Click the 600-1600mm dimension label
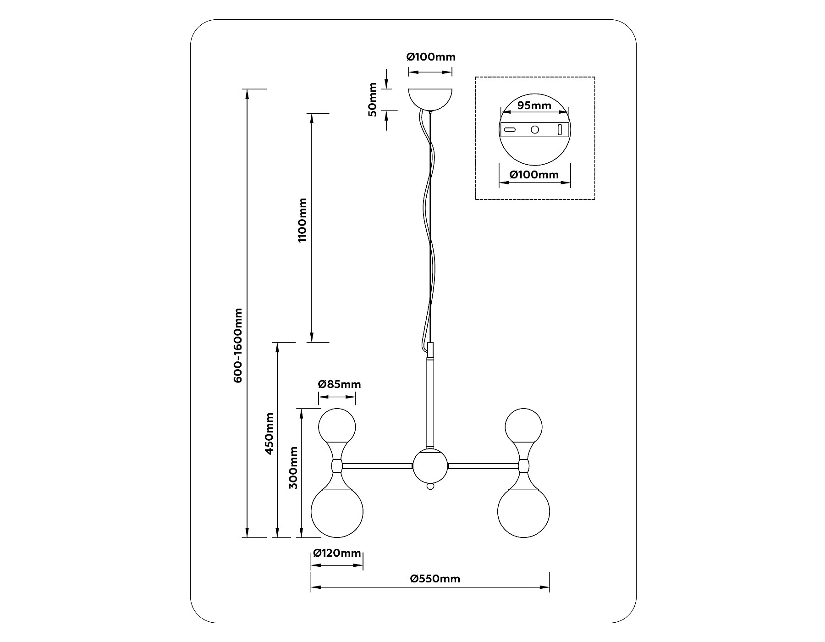pyautogui.click(x=238, y=345)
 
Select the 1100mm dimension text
pyautogui.click(x=302, y=220)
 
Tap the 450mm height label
pyautogui.click(x=270, y=433)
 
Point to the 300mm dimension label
pyautogui.click(x=294, y=468)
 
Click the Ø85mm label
pyautogui.click(x=340, y=384)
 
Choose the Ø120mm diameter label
pyautogui.click(x=337, y=553)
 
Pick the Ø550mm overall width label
pyautogui.click(x=435, y=579)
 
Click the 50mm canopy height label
pyautogui.click(x=373, y=100)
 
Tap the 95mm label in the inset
pyautogui.click(x=534, y=105)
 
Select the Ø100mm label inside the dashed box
pyautogui.click(x=534, y=175)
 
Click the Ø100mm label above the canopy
pyautogui.click(x=431, y=57)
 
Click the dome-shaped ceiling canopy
pyautogui.click(x=430, y=98)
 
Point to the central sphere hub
pyautogui.click(x=429, y=466)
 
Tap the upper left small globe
pyautogui.click(x=337, y=425)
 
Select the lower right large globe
pyautogui.click(x=523, y=512)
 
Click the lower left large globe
pyautogui.click(x=337, y=512)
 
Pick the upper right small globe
pyautogui.click(x=523, y=425)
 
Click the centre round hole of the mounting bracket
pyautogui.click(x=534, y=129)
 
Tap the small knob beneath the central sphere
pyautogui.click(x=430, y=486)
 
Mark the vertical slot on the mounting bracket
pyautogui.click(x=560, y=129)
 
